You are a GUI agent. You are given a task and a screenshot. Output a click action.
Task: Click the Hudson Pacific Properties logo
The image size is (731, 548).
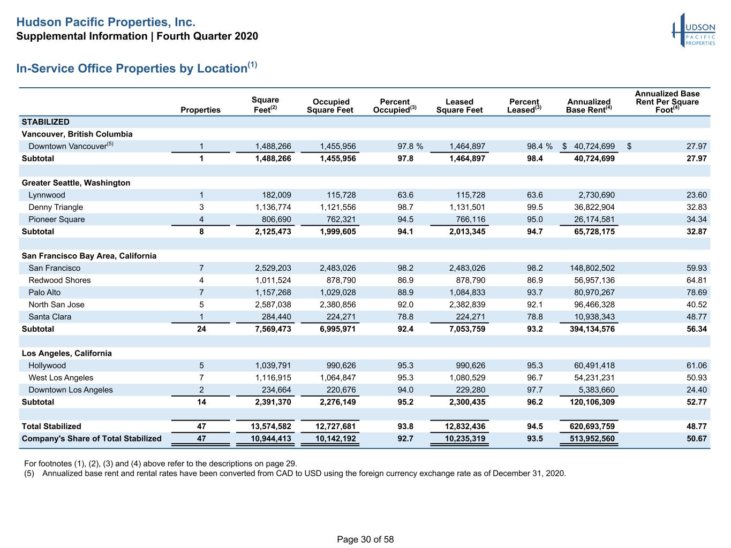694,31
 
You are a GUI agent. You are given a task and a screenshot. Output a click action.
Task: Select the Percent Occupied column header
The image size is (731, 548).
395,106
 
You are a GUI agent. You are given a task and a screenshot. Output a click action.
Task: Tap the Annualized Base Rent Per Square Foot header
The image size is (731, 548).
667,102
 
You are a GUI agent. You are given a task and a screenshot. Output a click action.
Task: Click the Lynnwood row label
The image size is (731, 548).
47,195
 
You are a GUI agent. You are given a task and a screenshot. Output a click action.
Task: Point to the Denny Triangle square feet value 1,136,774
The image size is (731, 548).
273,207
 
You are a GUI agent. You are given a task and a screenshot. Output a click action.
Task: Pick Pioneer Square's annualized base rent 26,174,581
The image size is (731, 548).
594,219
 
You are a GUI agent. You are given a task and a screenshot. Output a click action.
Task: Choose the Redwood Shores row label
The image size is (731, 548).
59,280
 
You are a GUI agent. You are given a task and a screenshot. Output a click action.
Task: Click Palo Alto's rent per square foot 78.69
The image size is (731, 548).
696,293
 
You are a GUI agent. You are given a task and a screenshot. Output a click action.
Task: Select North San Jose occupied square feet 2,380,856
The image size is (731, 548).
338,305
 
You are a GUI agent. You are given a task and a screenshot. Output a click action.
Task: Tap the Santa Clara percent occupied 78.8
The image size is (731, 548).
405,317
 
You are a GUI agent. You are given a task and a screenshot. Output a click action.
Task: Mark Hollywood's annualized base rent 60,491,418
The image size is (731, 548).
594,366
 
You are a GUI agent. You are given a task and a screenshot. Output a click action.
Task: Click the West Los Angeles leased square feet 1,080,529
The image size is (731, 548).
467,378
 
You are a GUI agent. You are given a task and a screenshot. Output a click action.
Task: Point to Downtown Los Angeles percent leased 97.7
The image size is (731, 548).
535,390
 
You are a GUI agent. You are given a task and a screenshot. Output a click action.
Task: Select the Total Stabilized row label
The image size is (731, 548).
51,426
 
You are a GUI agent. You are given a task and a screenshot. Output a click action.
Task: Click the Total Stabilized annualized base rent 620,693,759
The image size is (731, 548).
592,426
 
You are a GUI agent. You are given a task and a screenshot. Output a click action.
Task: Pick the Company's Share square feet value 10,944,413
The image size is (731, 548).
271,438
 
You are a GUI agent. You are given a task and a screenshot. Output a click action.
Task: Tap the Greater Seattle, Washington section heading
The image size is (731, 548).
76,182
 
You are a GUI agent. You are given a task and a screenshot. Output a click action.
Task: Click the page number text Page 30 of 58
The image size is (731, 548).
365,539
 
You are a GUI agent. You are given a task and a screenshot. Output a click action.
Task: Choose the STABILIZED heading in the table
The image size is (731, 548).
46,122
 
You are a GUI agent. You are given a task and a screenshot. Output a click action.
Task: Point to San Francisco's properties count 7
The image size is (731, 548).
201,268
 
